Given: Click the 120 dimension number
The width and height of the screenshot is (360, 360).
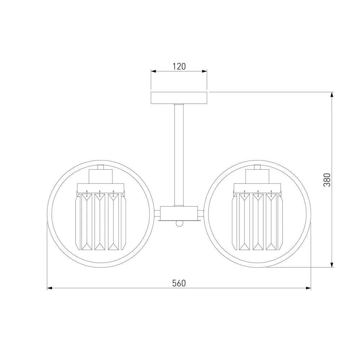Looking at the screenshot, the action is (x=179, y=66).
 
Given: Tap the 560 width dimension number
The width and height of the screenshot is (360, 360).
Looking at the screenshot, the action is (x=179, y=283).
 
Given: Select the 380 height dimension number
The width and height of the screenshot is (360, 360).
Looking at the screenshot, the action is (x=327, y=180).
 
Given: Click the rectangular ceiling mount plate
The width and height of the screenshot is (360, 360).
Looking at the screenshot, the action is (x=179, y=98).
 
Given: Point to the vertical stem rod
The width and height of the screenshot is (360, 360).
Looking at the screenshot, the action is (x=179, y=155).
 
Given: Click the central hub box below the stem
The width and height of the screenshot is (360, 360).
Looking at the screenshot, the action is (x=179, y=213).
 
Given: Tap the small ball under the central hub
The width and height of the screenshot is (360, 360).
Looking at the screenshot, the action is (x=179, y=224).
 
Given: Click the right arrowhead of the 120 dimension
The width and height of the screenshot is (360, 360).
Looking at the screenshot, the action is (x=204, y=71).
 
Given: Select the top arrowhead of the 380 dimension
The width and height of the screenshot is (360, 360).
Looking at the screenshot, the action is (x=332, y=95).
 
